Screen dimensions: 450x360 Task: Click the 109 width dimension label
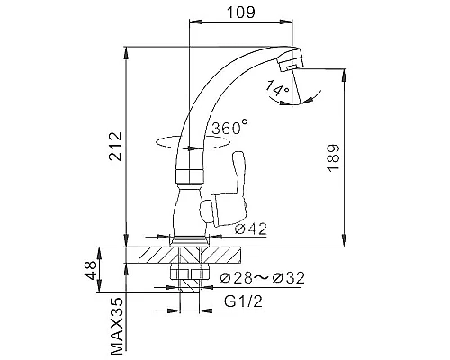[241, 13]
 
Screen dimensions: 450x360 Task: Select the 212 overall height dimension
[115, 147]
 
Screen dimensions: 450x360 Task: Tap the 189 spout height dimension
[334, 157]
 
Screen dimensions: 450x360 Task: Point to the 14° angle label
[277, 88]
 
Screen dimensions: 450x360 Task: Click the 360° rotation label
[230, 127]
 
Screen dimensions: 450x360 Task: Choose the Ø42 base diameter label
[251, 229]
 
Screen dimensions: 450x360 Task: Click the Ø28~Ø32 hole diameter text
[262, 278]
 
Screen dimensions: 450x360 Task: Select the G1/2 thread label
[243, 301]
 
